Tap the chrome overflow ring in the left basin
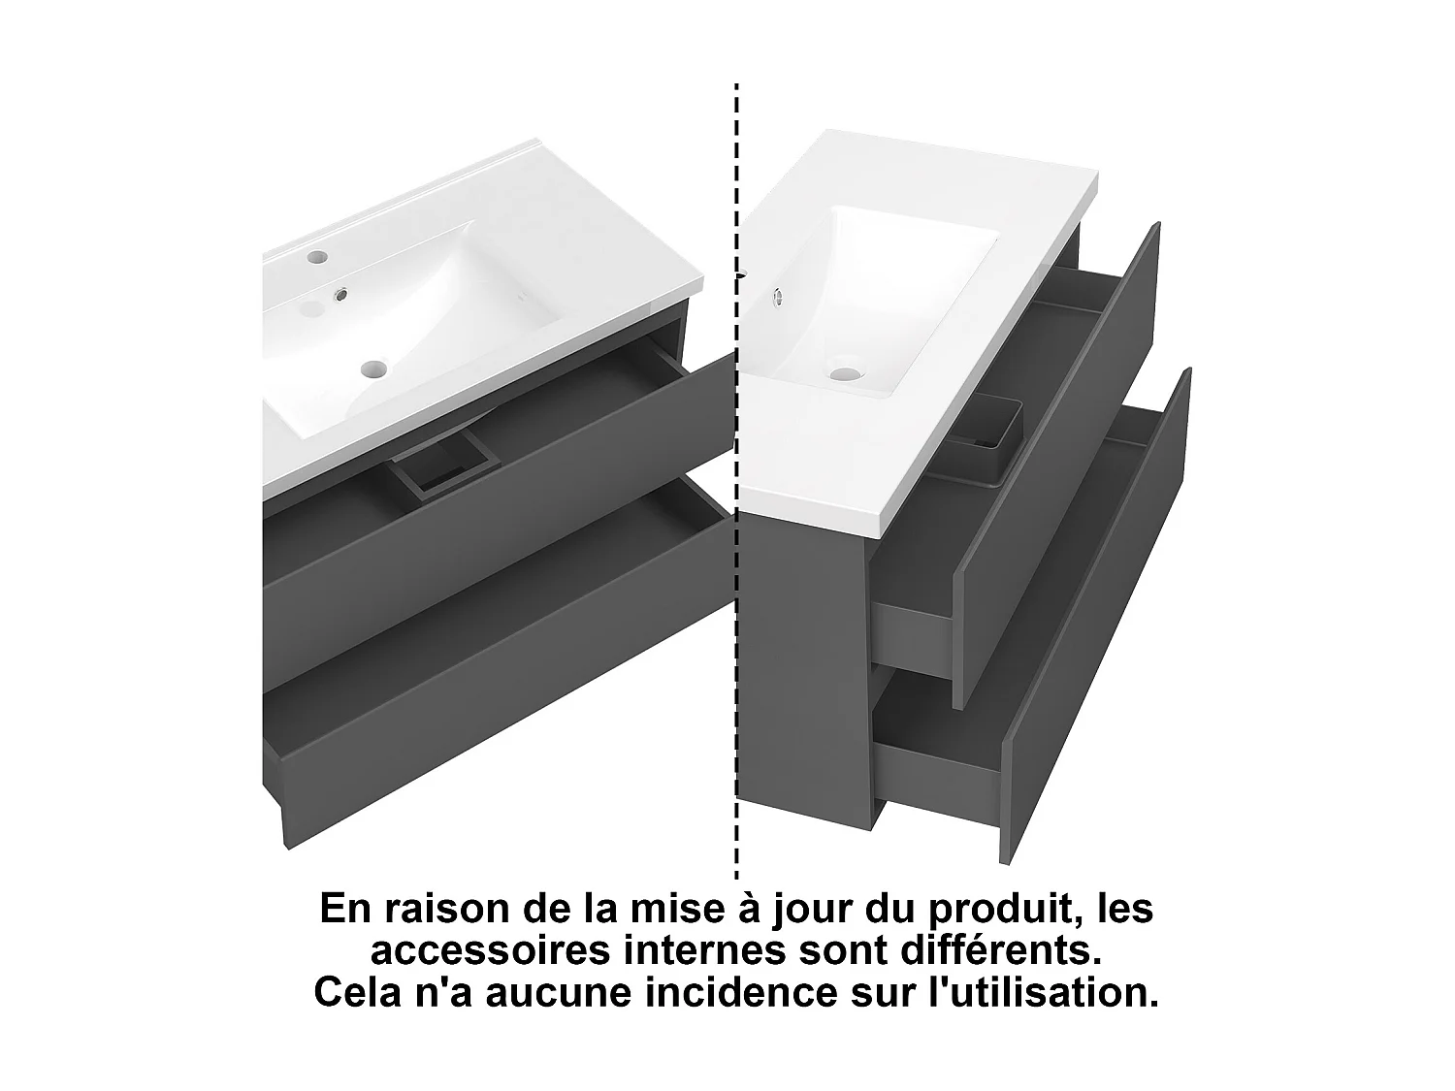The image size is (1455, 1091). (x=342, y=294)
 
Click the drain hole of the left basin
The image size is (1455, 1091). (x=372, y=368)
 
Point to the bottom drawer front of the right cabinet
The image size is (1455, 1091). (x=1096, y=621)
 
